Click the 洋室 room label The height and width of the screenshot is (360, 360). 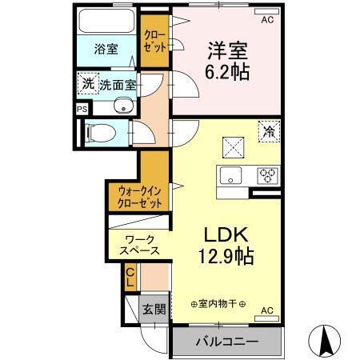point(225,49)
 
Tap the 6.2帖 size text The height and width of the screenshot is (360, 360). point(225,73)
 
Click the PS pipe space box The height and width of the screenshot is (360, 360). point(81,109)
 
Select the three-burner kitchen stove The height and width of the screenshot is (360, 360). point(266,175)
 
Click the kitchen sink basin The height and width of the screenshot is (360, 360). point(229,176)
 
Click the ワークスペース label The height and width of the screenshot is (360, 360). point(140,244)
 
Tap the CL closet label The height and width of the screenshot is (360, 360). point(130,279)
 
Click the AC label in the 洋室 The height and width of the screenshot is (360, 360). point(268,21)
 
